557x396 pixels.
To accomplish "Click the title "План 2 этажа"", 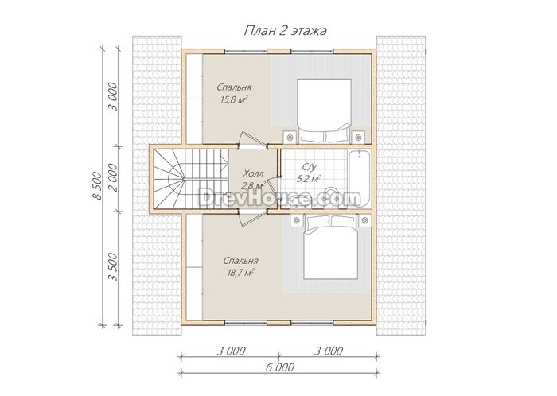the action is [285, 31].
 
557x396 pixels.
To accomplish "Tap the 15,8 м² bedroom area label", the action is [234, 99].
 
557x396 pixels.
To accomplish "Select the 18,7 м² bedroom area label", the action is [240, 273].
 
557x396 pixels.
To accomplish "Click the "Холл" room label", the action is [254, 174].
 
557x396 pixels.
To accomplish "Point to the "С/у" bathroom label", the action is [309, 166].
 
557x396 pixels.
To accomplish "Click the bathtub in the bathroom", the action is [360, 178].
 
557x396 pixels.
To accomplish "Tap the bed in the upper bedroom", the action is [324, 111].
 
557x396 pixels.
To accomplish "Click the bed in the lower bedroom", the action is [331, 247].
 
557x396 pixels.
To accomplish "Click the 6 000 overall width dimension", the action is [280, 367].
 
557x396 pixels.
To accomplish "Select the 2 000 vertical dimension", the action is [113, 178].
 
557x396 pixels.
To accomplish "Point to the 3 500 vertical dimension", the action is [113, 267].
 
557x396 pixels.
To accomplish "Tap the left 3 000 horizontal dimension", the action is [231, 351].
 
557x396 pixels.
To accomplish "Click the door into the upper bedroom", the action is [252, 139].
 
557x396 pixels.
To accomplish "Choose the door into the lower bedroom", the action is [252, 218].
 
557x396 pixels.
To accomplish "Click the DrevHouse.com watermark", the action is [279, 198].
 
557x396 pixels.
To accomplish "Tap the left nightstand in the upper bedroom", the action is [290, 137].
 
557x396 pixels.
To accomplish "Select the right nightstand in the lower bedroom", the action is [364, 220].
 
